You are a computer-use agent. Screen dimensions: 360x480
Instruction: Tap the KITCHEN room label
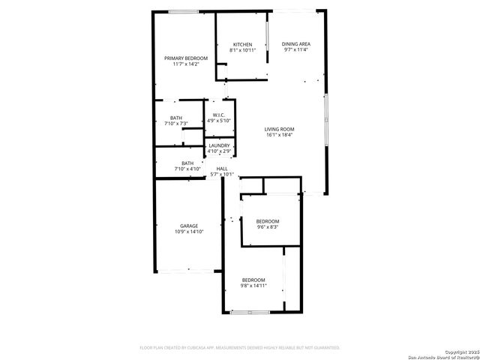[242, 44]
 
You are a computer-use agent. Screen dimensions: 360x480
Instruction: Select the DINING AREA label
[296, 44]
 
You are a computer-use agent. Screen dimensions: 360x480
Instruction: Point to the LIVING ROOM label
[279, 129]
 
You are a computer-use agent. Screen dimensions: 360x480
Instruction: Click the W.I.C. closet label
[219, 115]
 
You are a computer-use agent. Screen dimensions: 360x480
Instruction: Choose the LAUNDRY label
[219, 145]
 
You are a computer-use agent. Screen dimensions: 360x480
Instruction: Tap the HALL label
[222, 169]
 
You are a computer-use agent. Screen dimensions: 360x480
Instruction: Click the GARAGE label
[188, 226]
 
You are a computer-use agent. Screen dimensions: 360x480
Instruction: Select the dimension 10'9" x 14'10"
[189, 232]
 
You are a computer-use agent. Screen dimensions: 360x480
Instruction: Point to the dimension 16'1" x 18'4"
[279, 135]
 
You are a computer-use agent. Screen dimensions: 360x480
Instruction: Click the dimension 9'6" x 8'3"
[268, 227]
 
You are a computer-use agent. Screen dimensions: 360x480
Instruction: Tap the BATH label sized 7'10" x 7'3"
[175, 118]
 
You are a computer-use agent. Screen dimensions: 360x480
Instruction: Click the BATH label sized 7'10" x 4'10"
[187, 163]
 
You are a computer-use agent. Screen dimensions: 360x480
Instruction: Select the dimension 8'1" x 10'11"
[242, 50]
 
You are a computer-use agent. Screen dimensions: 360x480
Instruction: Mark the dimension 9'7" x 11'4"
[296, 50]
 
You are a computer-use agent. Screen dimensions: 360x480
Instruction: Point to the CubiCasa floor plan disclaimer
[240, 347]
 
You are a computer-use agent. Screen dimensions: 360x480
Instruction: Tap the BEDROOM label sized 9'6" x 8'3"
[268, 221]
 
